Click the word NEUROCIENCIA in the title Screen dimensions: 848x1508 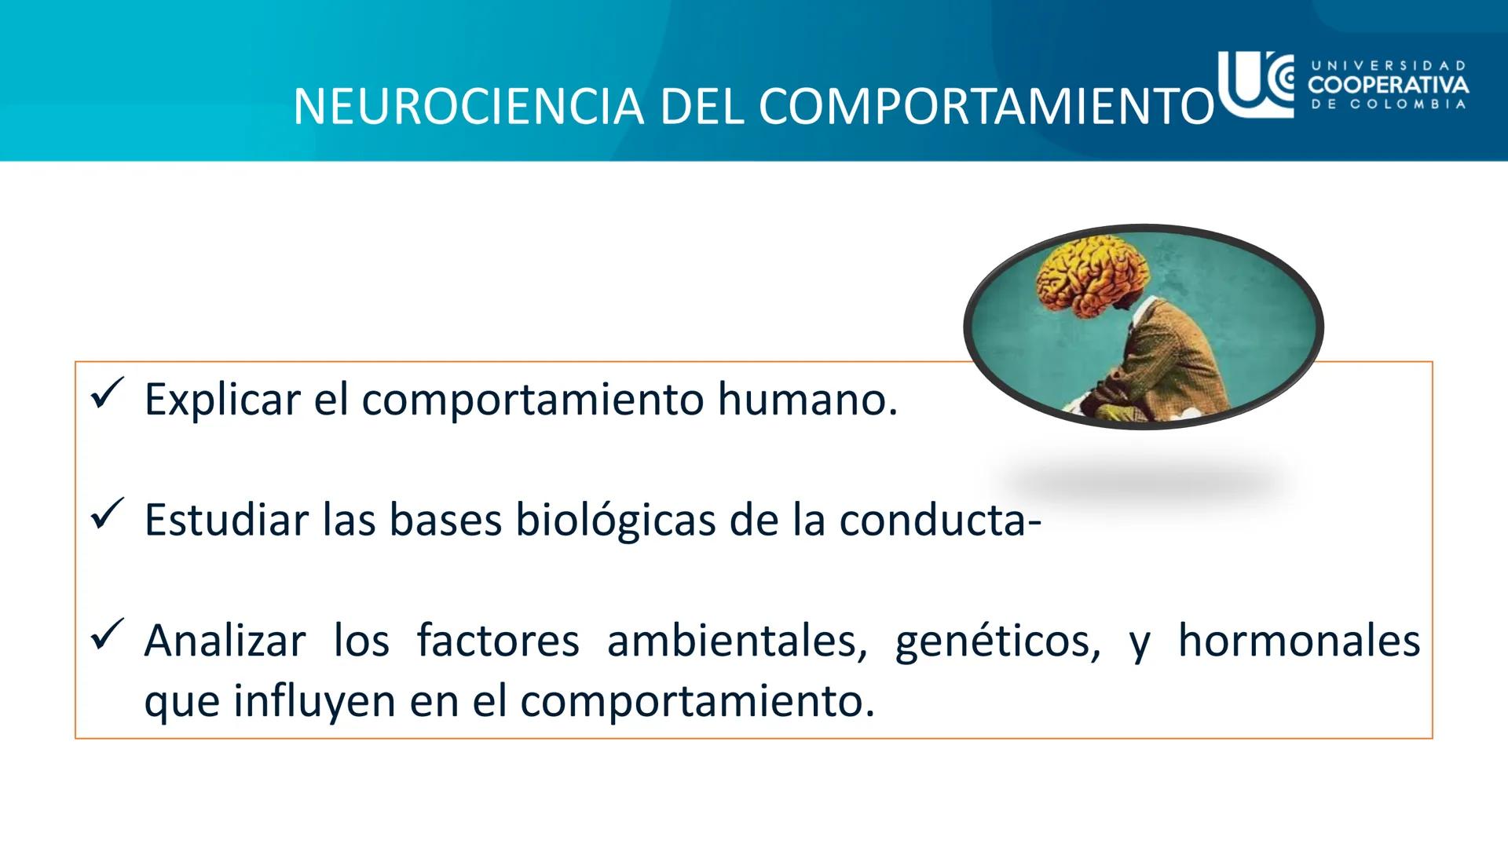[x=468, y=106]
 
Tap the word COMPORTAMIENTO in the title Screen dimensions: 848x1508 [x=986, y=106]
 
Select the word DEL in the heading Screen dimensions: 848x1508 [x=701, y=106]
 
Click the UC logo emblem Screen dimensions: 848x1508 [x=1255, y=84]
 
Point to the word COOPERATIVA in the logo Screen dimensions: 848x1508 [x=1388, y=84]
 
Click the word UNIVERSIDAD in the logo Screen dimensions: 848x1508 [x=1388, y=66]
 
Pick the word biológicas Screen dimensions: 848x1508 [x=615, y=521]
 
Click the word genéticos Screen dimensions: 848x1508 [x=997, y=641]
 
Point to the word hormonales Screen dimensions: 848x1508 [x=1298, y=641]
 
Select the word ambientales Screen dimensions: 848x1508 [x=736, y=641]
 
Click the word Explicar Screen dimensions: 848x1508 [x=222, y=400]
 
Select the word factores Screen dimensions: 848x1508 [x=497, y=641]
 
